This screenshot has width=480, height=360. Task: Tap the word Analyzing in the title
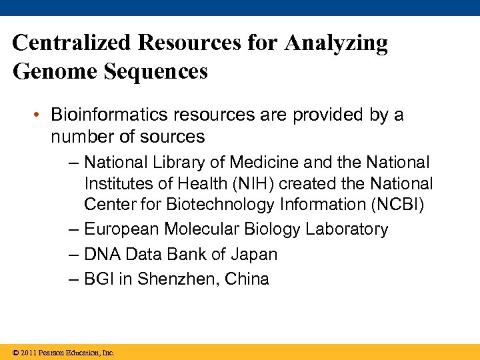336,43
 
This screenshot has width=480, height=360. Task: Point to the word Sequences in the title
156,71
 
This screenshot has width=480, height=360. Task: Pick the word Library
196,162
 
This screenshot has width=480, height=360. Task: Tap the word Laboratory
346,229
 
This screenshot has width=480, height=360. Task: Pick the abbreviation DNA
101,254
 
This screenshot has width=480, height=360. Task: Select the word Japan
254,254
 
